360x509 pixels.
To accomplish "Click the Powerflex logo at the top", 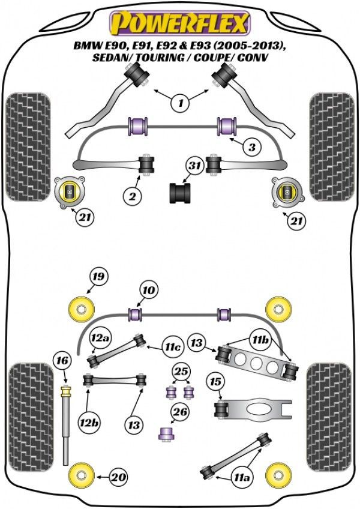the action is pos(180,23).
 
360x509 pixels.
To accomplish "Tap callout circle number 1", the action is pos(181,103).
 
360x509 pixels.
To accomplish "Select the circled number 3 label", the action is pos(252,148).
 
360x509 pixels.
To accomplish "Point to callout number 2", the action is pos(133,196).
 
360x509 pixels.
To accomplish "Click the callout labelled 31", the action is pos(194,166).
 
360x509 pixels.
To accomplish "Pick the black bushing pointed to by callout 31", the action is pos(180,193).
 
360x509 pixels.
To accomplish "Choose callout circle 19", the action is pos(98,277).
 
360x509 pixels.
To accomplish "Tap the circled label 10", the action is pos(149,290).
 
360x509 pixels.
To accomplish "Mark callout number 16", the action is pos(62,361).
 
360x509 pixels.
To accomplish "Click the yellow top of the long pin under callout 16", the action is pos(66,391).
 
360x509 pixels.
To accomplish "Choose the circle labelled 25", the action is pos(181,371).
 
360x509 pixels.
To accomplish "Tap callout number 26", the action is pos(181,412).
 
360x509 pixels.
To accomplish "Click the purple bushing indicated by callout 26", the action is pos(166,433).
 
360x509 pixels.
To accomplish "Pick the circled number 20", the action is pos(118,477).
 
